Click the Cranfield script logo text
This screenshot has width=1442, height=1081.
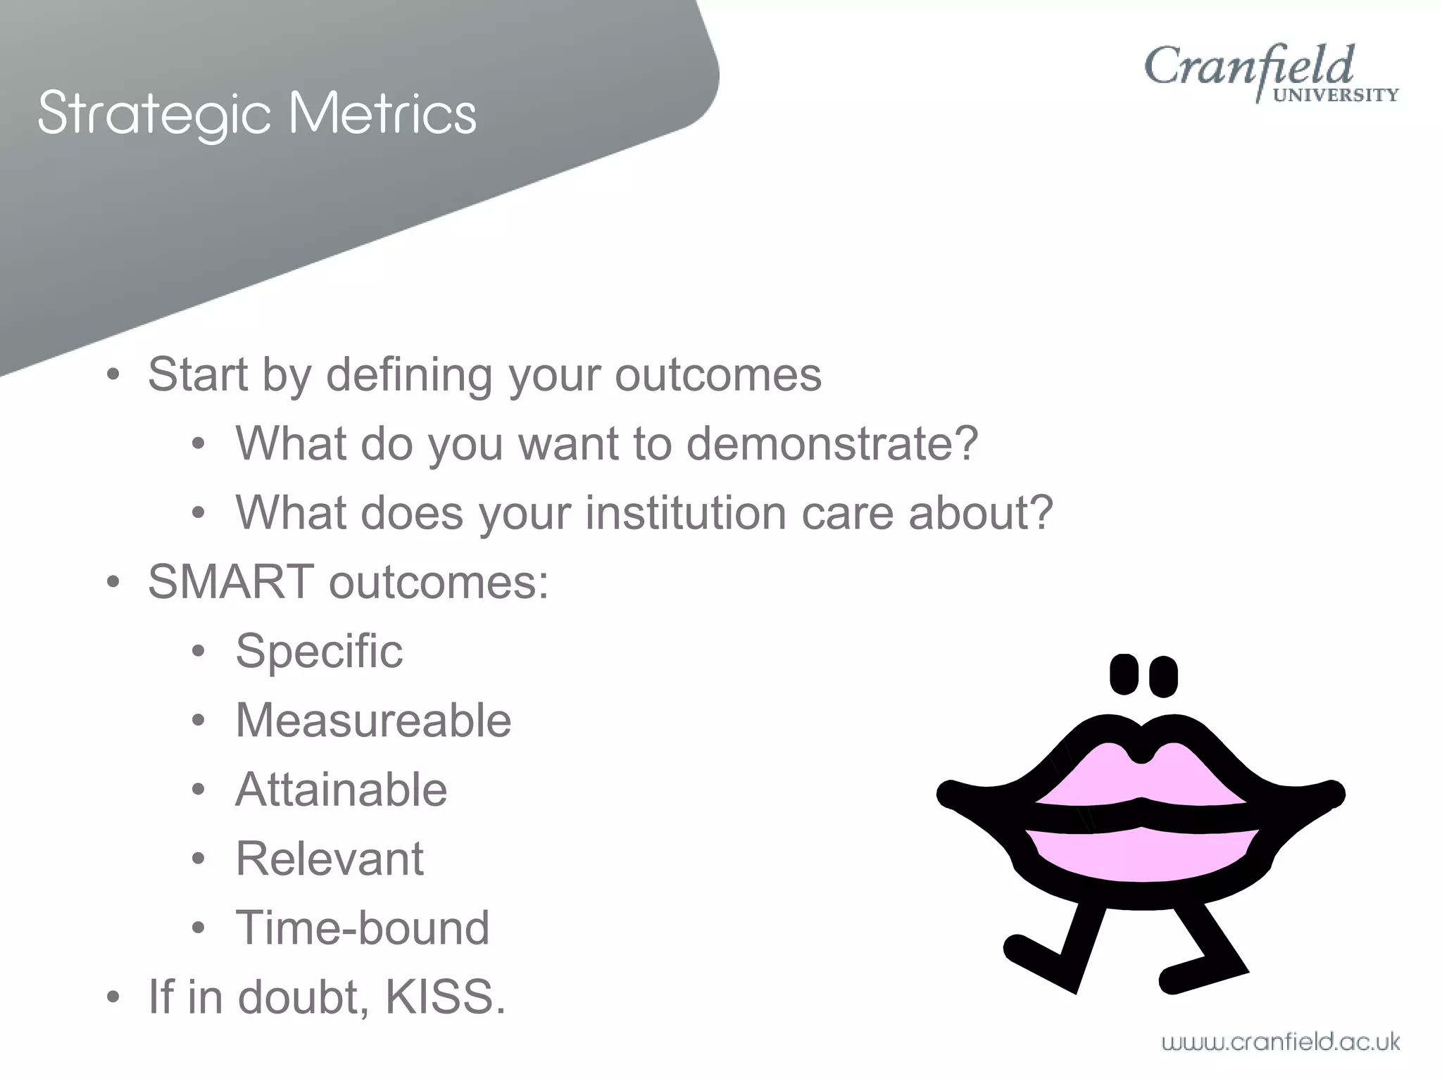[1248, 67]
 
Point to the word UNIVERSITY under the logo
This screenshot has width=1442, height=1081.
[1336, 96]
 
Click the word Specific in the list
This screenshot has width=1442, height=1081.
[319, 651]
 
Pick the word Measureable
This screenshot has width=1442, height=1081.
[373, 720]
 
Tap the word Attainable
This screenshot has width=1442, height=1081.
[341, 789]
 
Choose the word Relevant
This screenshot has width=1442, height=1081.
[330, 859]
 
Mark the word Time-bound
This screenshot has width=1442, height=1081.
[362, 928]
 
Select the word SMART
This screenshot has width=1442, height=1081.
[230, 582]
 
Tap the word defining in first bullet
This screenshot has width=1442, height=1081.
[408, 374]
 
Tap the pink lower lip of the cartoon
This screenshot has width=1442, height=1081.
[1141, 853]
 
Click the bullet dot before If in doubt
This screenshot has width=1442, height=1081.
[113, 998]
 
